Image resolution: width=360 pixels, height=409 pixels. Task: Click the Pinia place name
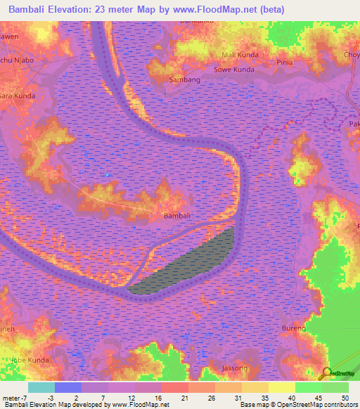[285, 62]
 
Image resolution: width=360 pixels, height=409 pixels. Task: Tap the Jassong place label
[234, 368]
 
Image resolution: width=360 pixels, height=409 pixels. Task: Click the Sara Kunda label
[17, 95]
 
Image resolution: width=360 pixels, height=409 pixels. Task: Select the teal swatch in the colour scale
[41, 387]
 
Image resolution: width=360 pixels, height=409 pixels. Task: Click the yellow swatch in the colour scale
[281, 387]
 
